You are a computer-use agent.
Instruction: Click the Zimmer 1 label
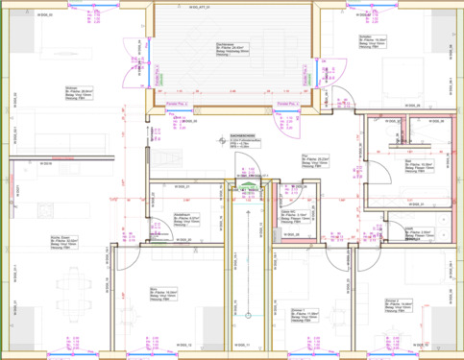[x=305, y=316]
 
